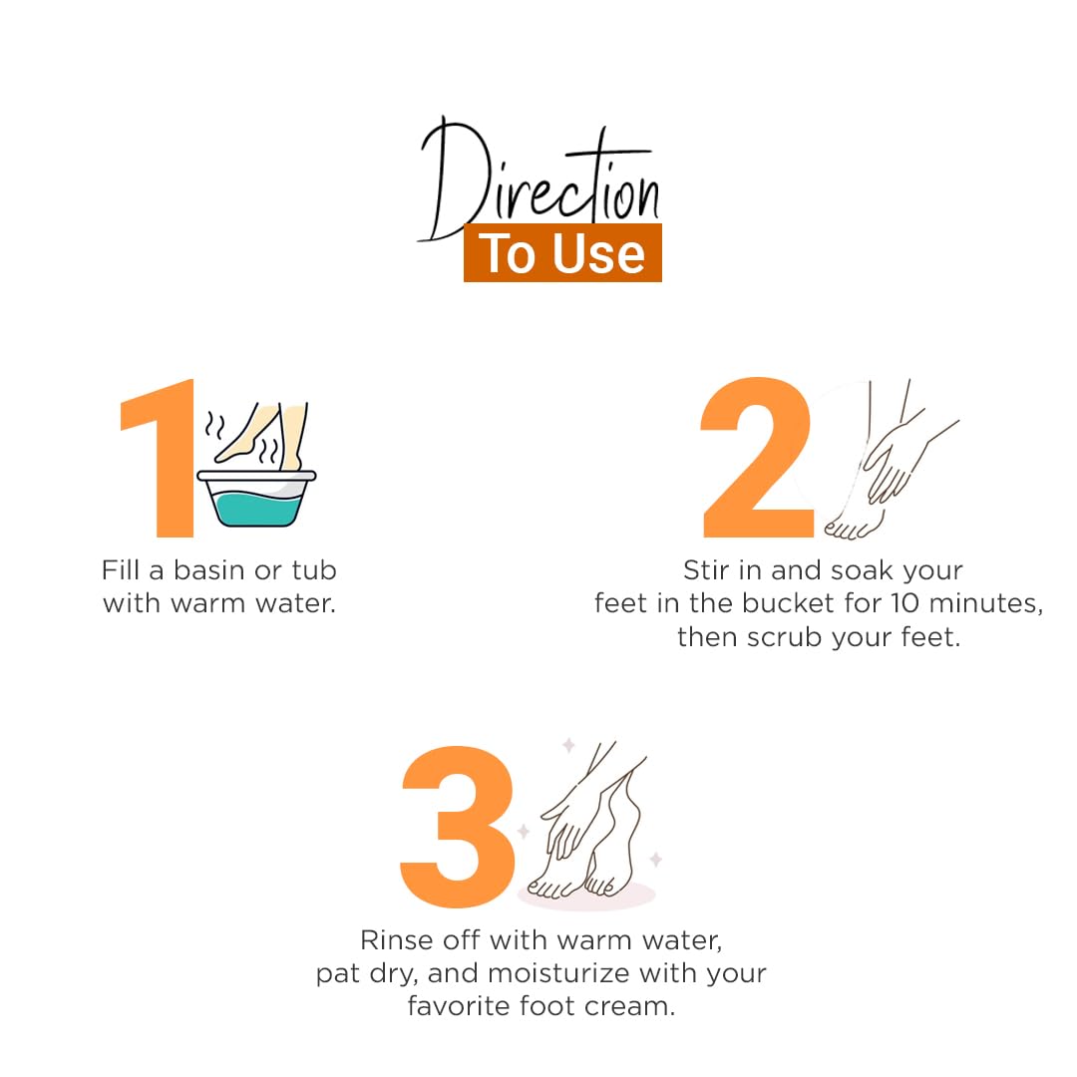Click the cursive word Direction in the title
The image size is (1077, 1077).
tap(539, 179)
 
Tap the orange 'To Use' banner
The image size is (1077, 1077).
tap(562, 252)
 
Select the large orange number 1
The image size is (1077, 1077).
tap(158, 458)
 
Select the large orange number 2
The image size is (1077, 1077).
tap(757, 457)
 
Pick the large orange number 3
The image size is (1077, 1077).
tap(458, 827)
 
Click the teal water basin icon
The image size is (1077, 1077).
tap(257, 498)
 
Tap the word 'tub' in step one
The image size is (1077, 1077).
tap(314, 570)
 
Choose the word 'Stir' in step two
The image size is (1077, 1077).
tap(706, 570)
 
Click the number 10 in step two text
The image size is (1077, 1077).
tap(904, 603)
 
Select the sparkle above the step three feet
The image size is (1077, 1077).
tap(568, 745)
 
